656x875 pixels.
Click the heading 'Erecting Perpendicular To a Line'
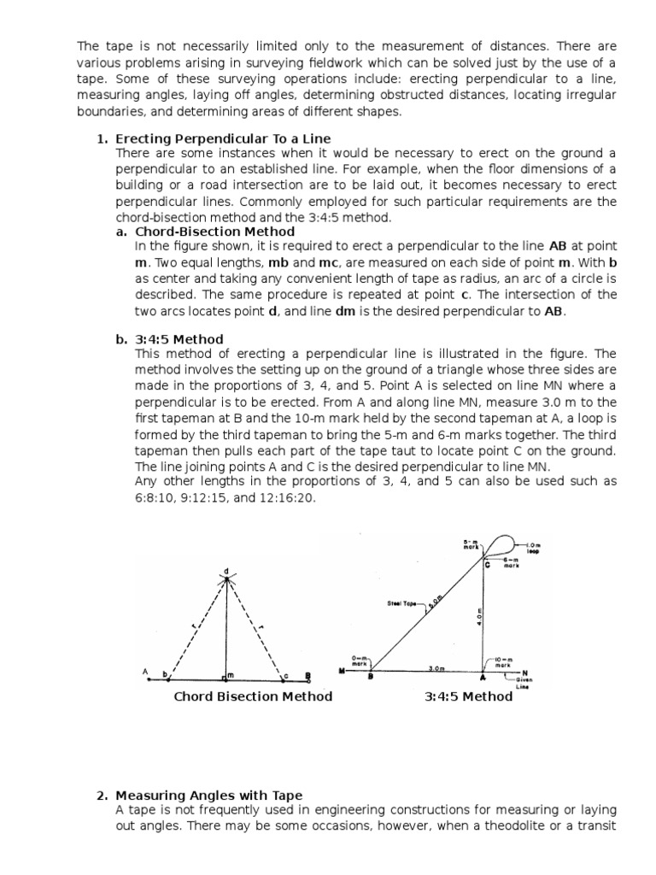tap(223, 138)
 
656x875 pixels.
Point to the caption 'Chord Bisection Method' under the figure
tap(253, 696)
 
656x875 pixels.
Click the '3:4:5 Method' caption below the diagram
tap(469, 696)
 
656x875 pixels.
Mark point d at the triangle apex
tap(226, 571)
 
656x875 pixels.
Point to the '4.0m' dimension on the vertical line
tap(479, 618)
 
